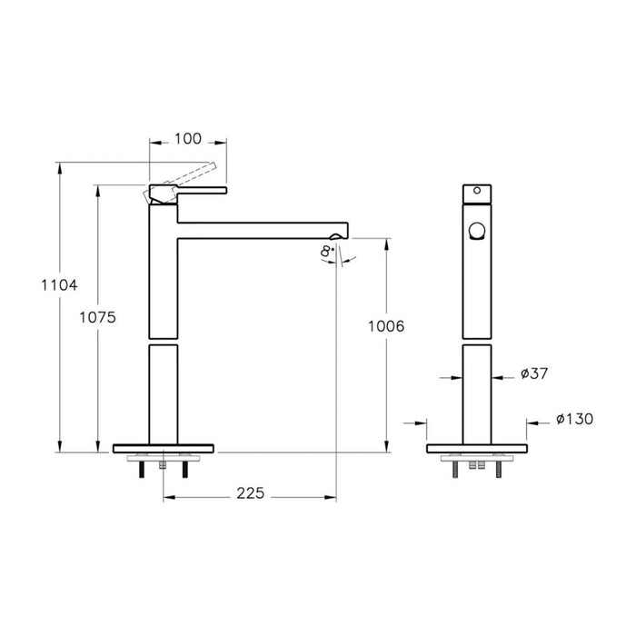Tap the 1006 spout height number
pos(386,325)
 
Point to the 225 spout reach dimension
pos(250,493)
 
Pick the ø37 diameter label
pos(534,373)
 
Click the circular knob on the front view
pos(476,231)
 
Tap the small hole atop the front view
pos(476,194)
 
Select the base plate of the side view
pos(163,448)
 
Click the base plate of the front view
pos(476,448)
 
